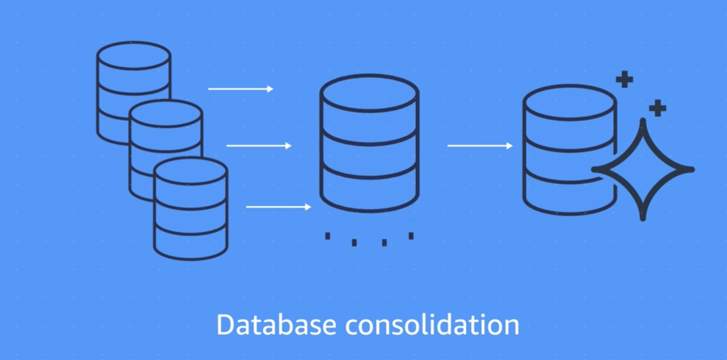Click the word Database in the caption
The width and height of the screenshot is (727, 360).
pos(276,325)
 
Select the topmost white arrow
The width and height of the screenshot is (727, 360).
pos(240,89)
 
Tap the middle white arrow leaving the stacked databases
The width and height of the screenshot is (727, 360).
pos(258,146)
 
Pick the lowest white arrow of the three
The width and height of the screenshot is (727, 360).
pos(278,207)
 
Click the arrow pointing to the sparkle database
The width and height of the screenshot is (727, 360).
pos(480,146)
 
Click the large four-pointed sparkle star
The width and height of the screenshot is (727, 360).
pos(643,169)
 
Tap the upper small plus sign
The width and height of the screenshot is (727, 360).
pos(624,80)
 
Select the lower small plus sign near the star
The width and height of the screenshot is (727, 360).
pos(657,108)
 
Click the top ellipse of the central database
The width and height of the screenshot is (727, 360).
pos(369,93)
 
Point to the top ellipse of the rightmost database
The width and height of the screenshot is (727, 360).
pos(569,103)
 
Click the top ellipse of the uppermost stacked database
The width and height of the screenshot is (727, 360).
pos(133,56)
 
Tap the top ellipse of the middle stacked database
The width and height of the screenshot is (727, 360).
pos(166,114)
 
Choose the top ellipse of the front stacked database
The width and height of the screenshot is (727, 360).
pos(190,171)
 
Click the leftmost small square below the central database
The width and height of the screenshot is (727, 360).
pos(327,236)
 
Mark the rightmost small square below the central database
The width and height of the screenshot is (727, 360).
pos(411,236)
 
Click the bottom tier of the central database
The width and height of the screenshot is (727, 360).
pos(369,191)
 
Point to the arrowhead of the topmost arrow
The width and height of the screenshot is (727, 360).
pos(270,89)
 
